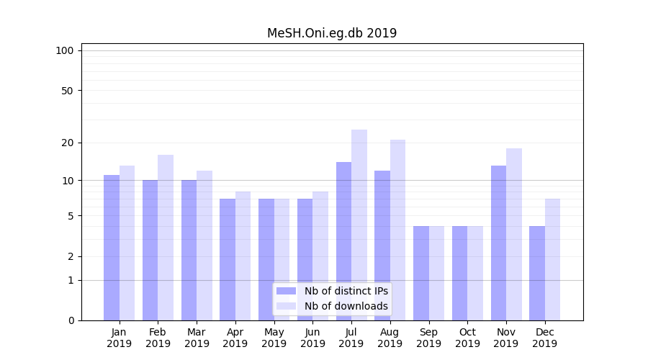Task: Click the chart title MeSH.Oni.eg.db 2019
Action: (332, 33)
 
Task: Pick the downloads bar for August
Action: (398, 230)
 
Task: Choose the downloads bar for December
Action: (552, 259)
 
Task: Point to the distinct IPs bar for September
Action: (421, 273)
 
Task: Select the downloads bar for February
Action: (166, 238)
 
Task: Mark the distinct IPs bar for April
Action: (228, 259)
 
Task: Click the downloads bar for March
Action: (204, 245)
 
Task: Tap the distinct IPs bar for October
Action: (460, 273)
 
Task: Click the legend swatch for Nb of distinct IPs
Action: (286, 291)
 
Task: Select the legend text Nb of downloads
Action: (346, 306)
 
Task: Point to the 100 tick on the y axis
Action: (65, 50)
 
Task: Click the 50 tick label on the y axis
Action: (67, 91)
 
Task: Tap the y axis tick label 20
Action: (67, 143)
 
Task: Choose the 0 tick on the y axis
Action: (71, 320)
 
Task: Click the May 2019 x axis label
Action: (274, 338)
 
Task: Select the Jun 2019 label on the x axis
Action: (312, 338)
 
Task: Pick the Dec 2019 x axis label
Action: (544, 338)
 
